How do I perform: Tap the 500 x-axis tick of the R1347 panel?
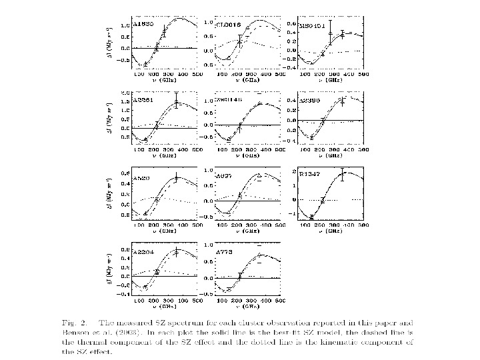point(363,225)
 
